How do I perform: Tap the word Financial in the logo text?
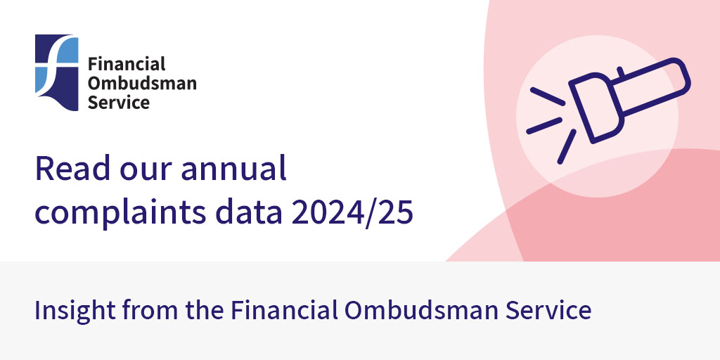pos(127,65)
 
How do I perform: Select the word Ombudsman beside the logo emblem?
pos(141,83)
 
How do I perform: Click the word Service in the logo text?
pos(118,102)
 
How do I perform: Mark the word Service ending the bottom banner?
pos(551,310)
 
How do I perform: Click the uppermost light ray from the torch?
pos(546,96)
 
